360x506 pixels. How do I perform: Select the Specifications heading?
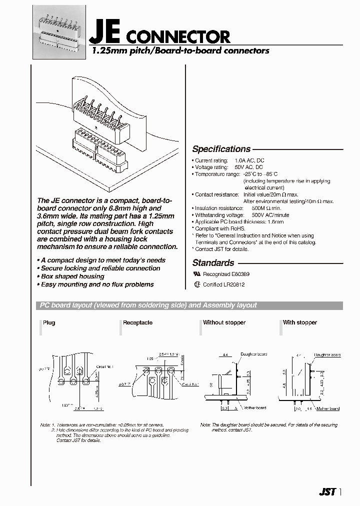pyautogui.click(x=221, y=149)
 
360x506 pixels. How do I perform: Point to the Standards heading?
pyautogui.click(x=213, y=262)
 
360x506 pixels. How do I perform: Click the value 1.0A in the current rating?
pyautogui.click(x=235, y=160)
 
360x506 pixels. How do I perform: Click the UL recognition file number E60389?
pyautogui.click(x=239, y=275)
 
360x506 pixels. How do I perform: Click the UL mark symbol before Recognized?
pyautogui.click(x=196, y=275)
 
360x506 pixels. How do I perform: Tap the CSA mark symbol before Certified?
pyautogui.click(x=196, y=284)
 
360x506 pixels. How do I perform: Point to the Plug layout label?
pyautogui.click(x=49, y=322)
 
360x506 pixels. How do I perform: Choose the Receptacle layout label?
pyautogui.click(x=138, y=322)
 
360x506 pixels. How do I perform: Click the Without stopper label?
pyautogui.click(x=224, y=322)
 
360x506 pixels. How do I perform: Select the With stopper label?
pyautogui.click(x=300, y=322)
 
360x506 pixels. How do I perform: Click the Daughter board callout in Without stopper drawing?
pyautogui.click(x=254, y=354)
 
